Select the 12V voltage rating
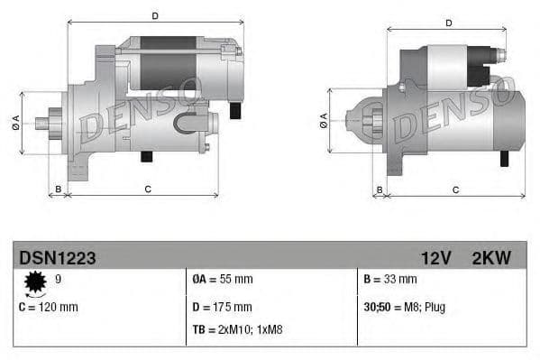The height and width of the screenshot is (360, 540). pos(435,259)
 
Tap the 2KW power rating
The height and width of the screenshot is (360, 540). pos(491,259)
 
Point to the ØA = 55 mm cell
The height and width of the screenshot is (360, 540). pos(223,281)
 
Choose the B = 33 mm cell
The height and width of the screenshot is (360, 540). pos(391,281)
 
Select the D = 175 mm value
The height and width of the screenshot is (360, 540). pos(222,307)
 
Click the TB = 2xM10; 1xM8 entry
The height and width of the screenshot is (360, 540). pos(238,329)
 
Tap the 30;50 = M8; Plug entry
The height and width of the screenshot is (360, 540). pos(403,307)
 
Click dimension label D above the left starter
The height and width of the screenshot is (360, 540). pos(154,15)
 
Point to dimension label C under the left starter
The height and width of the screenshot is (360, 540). pos(146,189)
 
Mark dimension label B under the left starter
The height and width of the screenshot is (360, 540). pos(58,189)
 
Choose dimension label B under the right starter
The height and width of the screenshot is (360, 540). pos(380,189)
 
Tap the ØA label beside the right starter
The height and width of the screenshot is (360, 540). pos(323,122)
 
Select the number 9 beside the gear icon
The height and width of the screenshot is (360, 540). pos(59,281)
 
